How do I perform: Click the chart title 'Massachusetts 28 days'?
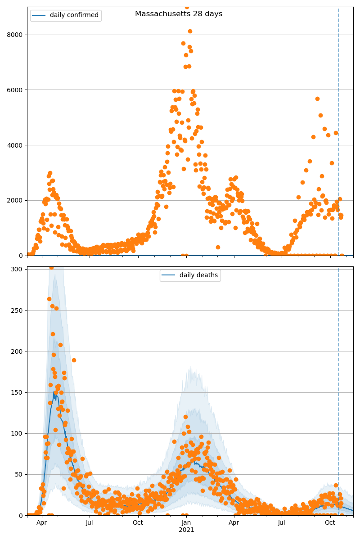(x=179, y=14)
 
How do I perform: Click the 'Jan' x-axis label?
(x=186, y=522)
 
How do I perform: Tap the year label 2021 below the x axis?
(x=186, y=530)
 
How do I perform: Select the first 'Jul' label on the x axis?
(x=90, y=522)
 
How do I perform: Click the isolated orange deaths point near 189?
(x=74, y=360)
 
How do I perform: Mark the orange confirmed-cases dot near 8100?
(x=190, y=31)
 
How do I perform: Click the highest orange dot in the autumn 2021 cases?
(x=317, y=99)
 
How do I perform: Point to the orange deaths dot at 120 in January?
(x=185, y=417)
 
